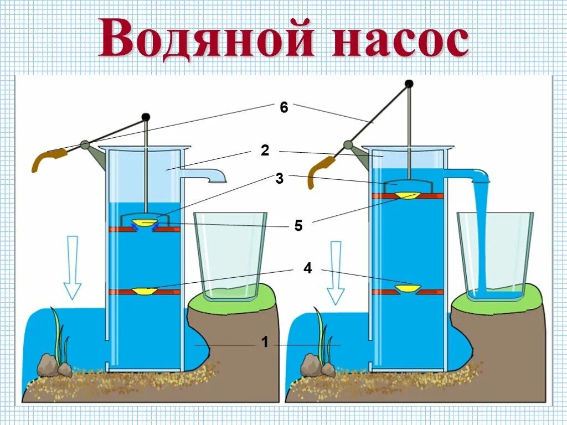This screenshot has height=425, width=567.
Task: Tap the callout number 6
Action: [284, 108]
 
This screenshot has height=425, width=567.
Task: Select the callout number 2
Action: [265, 151]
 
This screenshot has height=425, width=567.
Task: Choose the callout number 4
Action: [307, 269]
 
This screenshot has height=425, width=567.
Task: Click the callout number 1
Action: [265, 343]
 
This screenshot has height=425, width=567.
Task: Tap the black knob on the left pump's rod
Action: [146, 117]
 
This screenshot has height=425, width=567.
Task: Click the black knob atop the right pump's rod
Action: [409, 84]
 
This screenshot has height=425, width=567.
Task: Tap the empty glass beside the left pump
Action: [229, 255]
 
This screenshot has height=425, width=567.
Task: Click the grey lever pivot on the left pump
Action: [85, 145]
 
